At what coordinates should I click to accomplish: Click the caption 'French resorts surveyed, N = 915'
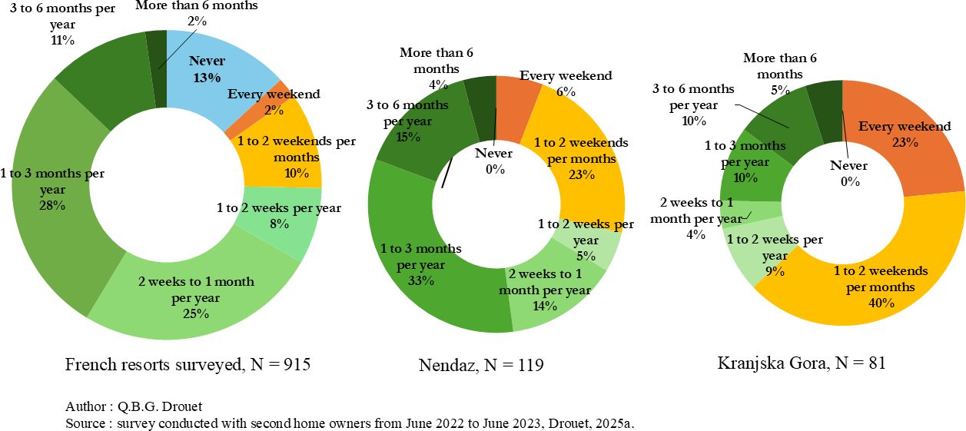click(x=188, y=365)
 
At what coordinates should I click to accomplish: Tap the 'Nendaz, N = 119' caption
click(x=481, y=366)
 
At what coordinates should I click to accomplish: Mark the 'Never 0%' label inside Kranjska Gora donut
click(x=848, y=174)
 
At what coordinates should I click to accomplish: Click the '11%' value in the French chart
click(x=62, y=40)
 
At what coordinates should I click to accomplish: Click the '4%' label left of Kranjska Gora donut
click(x=695, y=235)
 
